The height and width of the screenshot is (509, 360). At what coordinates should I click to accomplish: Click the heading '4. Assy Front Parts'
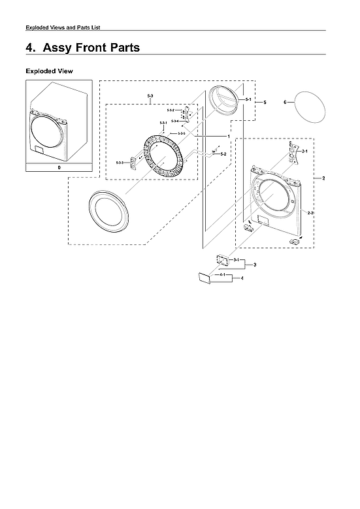pyautogui.click(x=82, y=48)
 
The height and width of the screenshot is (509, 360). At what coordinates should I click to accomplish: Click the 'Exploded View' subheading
pyautogui.click(x=49, y=71)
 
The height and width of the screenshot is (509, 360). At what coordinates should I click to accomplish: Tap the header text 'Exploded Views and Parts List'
pyautogui.click(x=62, y=27)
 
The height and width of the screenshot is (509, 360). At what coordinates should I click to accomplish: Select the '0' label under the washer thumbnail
pyautogui.click(x=59, y=167)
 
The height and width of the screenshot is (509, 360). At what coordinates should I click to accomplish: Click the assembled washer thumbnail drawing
pyautogui.click(x=59, y=121)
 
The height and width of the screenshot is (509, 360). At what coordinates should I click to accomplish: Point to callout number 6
pyautogui.click(x=285, y=103)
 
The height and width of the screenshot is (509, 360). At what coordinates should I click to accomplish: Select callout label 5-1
pyautogui.click(x=248, y=99)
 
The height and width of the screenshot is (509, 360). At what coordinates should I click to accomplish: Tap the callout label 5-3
pyautogui.click(x=150, y=97)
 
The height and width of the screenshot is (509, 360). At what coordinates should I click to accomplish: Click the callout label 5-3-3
pyautogui.click(x=120, y=162)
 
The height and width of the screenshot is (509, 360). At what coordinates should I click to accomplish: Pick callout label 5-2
pyautogui.click(x=223, y=154)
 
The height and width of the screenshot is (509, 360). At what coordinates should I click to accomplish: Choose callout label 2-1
pyautogui.click(x=304, y=151)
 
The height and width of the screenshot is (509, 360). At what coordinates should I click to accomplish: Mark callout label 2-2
pyautogui.click(x=311, y=214)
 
